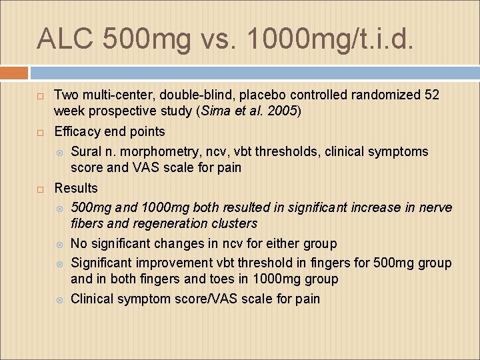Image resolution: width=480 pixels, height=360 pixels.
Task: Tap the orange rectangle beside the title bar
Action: click(x=14, y=73)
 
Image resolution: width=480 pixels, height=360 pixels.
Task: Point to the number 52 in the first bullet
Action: click(x=431, y=95)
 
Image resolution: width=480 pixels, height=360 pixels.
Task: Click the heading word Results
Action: click(x=75, y=188)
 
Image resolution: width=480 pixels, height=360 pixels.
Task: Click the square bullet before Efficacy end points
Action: click(x=40, y=132)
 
